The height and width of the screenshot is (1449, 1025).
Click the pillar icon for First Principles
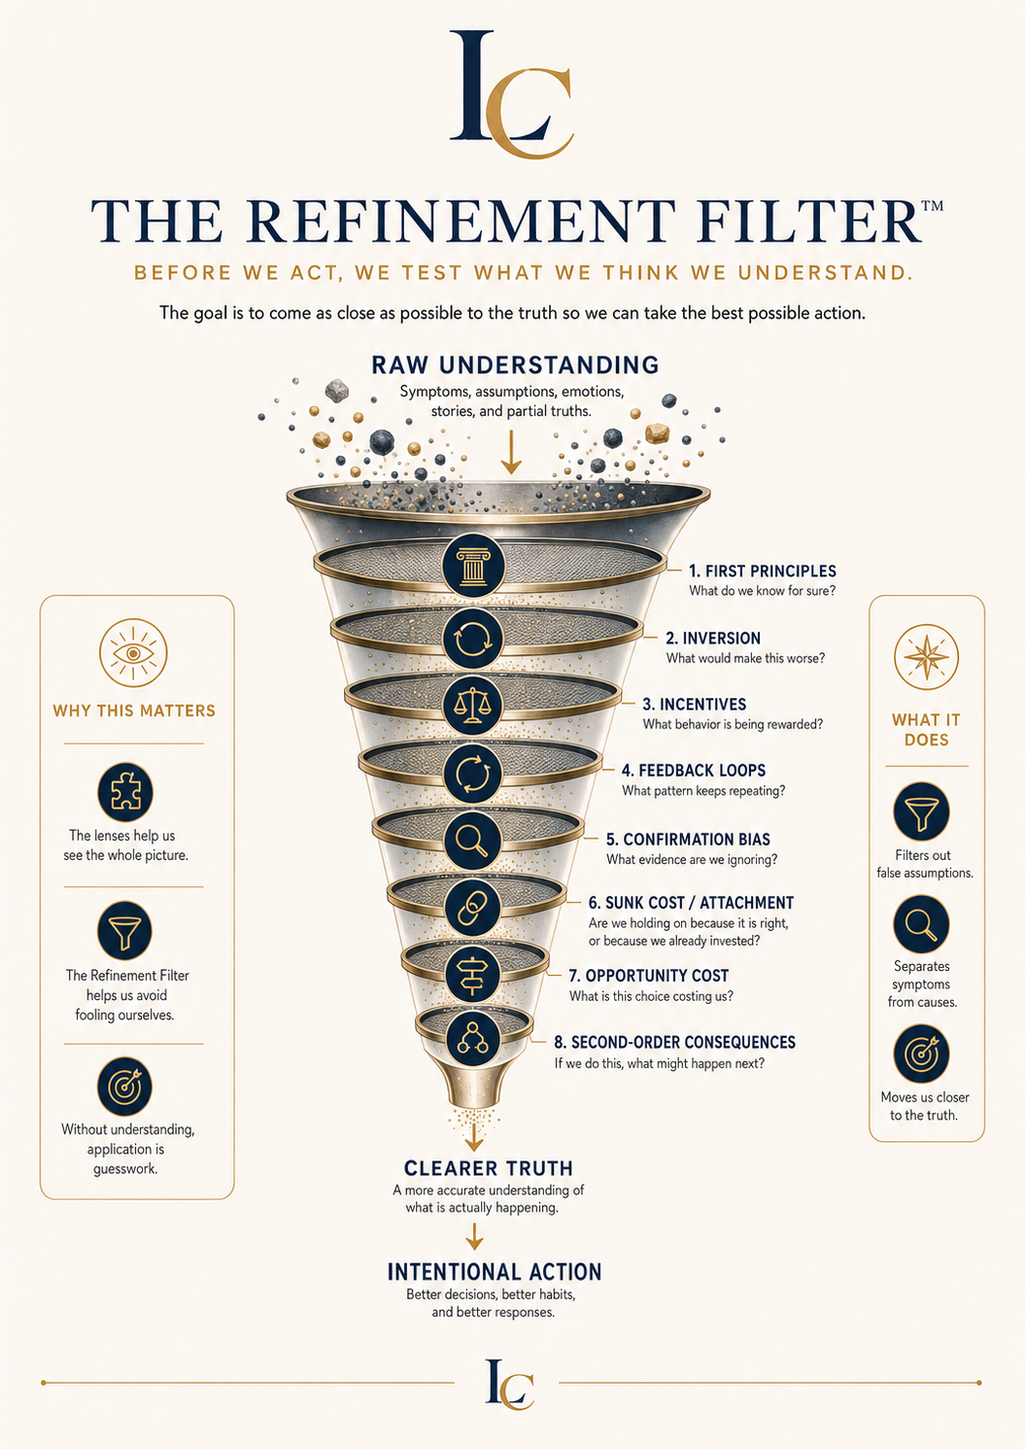click(473, 566)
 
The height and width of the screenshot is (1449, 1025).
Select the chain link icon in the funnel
click(473, 908)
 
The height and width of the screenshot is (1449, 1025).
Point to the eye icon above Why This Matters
click(133, 653)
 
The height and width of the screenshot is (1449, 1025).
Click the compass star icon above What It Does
click(926, 657)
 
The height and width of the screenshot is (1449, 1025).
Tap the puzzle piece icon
click(125, 792)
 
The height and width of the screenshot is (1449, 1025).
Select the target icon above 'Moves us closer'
click(922, 1053)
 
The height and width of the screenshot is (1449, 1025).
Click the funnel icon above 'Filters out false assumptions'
click(922, 811)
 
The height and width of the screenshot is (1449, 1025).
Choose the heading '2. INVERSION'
click(713, 638)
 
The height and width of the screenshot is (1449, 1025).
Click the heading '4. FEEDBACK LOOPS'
click(694, 771)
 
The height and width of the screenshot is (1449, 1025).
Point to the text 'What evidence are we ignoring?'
click(692, 860)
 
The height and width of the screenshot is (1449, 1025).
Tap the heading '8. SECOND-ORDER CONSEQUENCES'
click(675, 1042)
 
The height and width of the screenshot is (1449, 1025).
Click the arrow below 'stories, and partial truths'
click(511, 452)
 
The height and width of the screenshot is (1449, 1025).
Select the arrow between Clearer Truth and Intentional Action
click(474, 1236)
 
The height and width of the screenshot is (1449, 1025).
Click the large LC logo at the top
click(512, 94)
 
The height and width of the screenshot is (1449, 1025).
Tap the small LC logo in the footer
click(510, 1384)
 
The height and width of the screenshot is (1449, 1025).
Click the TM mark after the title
click(932, 206)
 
